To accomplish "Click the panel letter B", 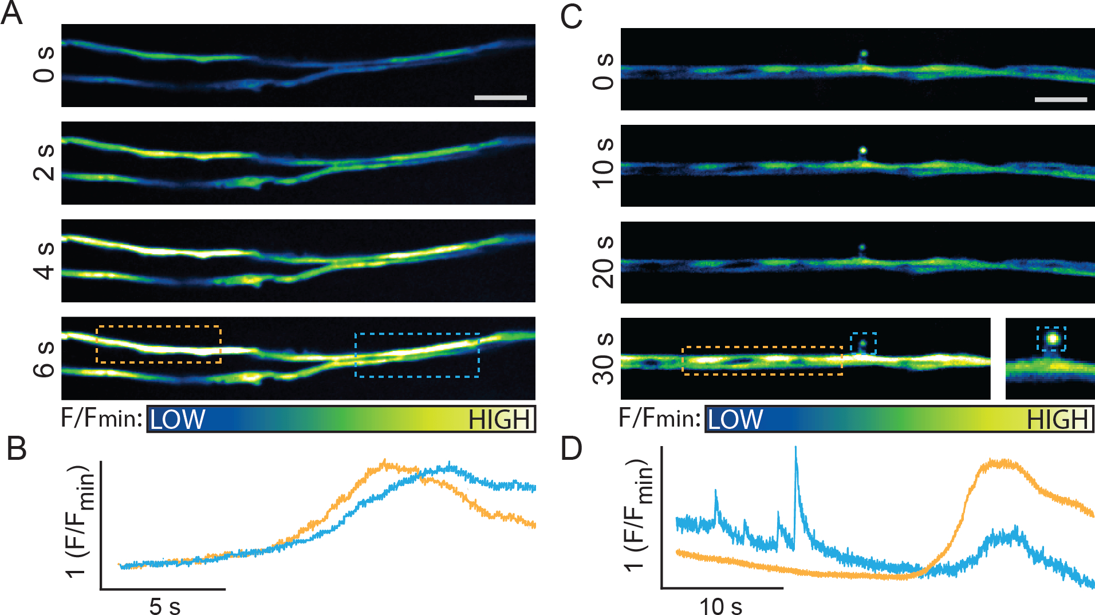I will (x=17, y=449).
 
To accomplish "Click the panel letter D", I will (x=571, y=449).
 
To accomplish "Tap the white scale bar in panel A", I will (x=501, y=98).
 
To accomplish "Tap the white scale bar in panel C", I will (x=1061, y=100).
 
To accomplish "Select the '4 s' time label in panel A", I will (x=45, y=261).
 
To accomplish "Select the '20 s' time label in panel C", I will (x=603, y=262).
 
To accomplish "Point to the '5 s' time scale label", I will (x=165, y=606).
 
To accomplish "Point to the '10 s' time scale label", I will (x=720, y=606).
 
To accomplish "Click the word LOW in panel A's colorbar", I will (x=178, y=420).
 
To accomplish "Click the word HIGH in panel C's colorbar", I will (x=1057, y=420).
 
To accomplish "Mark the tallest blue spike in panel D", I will (x=795, y=450).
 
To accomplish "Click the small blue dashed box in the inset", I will (x=1051, y=338).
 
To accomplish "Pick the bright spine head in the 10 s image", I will (x=863, y=151).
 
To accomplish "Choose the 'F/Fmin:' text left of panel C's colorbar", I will (x=660, y=419).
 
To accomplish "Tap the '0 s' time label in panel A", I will (x=45, y=65).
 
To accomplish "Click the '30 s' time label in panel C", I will (x=603, y=358).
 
